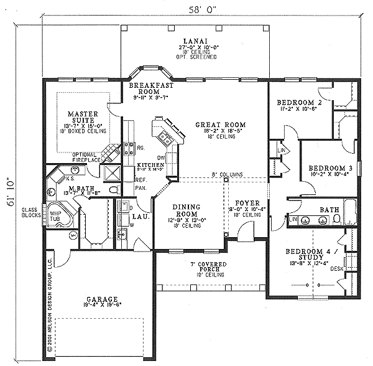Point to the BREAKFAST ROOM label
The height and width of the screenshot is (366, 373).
pyautogui.click(x=146, y=88)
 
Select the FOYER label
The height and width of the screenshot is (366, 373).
pyautogui.click(x=247, y=203)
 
